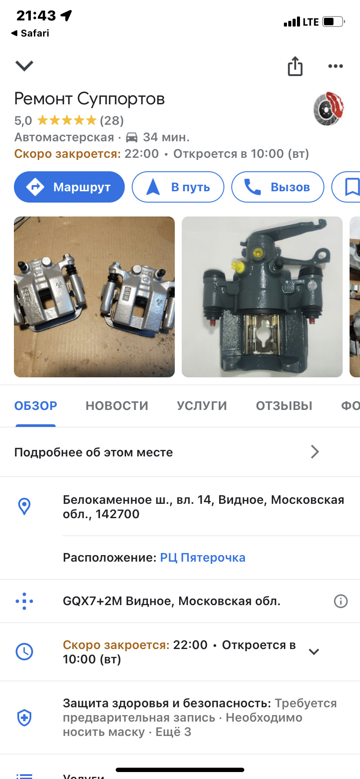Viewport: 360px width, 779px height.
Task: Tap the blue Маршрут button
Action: coord(69,187)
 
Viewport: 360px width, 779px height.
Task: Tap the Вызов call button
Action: coord(277,187)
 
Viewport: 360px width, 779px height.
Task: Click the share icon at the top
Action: coord(295,66)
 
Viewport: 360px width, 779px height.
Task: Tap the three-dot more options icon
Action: coord(335,66)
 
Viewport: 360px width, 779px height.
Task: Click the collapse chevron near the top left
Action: coord(24,66)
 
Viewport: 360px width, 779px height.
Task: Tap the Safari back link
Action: coord(30,33)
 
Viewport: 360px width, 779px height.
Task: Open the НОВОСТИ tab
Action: coord(117,406)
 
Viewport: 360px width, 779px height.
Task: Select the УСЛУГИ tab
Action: coord(202,406)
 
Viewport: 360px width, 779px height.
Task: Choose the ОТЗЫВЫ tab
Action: coord(284,406)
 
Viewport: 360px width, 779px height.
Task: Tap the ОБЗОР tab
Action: coord(36,406)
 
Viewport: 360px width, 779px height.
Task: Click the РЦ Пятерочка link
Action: coord(203,557)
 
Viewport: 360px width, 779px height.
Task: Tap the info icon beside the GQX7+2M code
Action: coord(340,601)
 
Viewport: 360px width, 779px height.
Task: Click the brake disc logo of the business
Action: coord(329,109)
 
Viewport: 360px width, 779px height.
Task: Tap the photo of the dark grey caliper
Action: coord(262,296)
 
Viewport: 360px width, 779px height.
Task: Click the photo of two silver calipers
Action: coord(94,296)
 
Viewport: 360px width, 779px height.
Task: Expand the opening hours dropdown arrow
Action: coord(313,651)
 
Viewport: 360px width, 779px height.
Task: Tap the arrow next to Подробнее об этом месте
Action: coord(315,452)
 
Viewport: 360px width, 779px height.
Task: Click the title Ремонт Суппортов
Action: coord(90,99)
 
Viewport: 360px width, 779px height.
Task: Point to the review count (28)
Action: coord(112,120)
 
